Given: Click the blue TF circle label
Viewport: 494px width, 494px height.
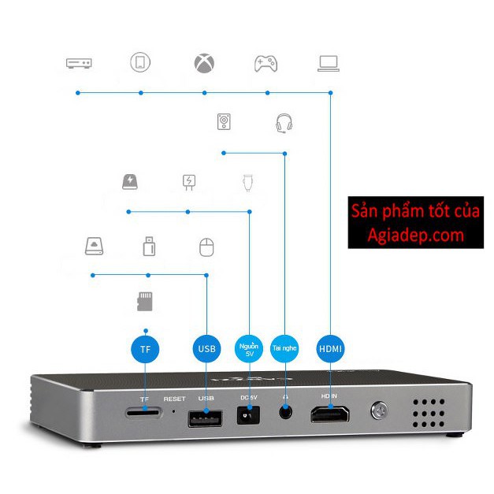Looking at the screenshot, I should point(145,347).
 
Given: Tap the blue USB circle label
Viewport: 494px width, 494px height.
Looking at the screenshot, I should point(206,347).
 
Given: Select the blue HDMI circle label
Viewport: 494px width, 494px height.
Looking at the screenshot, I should point(331,347).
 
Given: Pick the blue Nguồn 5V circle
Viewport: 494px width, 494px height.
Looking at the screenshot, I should point(249,347).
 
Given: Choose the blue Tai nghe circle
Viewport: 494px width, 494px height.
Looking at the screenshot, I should point(285,347).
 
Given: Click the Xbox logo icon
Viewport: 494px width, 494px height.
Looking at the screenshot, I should point(204,63).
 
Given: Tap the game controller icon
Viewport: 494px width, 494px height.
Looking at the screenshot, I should point(266,63).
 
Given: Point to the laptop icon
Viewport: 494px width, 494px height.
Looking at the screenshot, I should point(329,63).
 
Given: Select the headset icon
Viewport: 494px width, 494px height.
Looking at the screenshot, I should point(284,123).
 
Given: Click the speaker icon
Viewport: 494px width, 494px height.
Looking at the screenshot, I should point(225,122).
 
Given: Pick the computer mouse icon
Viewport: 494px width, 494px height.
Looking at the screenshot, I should point(206,247).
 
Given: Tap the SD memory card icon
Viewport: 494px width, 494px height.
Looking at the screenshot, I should point(145,300).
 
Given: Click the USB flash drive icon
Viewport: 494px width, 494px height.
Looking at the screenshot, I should point(148,247).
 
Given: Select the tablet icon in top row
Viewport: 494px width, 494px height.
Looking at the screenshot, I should point(140,63).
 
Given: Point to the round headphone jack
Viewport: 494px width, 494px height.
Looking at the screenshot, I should point(285,413).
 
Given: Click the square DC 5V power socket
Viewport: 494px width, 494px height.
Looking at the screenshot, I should point(249,415).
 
